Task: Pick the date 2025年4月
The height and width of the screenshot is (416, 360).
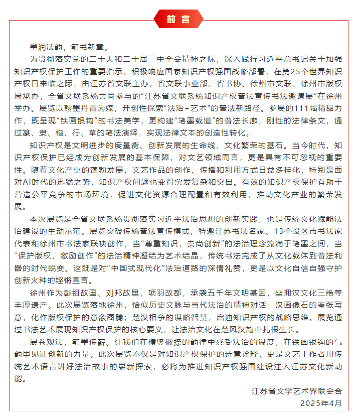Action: tap(321, 403)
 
